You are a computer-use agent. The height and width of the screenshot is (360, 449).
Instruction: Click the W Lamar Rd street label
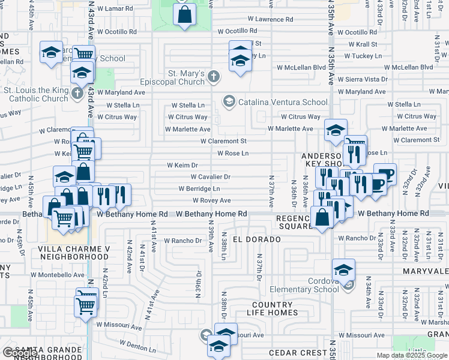click(x=116, y=9)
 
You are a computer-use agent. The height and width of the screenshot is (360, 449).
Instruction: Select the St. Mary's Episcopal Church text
click(x=186, y=77)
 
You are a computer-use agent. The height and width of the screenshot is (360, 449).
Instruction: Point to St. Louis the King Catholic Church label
click(x=36, y=94)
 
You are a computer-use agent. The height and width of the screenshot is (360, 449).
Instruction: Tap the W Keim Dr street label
click(x=182, y=165)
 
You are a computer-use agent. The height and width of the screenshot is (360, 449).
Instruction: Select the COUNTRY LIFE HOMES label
click(x=272, y=308)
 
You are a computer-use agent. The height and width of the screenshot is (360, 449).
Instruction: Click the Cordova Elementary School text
click(x=309, y=285)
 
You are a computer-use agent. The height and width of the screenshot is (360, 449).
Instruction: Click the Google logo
click(x=20, y=353)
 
